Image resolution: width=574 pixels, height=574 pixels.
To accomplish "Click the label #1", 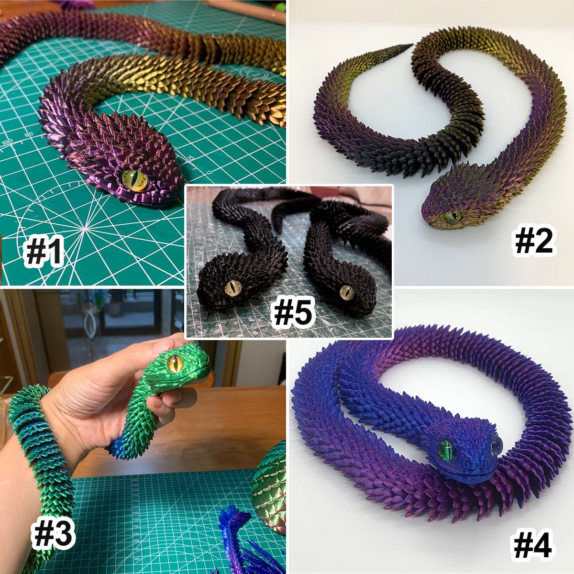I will (x=44, y=252).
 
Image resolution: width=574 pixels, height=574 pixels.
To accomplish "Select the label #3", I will (x=53, y=534).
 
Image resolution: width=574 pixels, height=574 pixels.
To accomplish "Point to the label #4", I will (x=532, y=545).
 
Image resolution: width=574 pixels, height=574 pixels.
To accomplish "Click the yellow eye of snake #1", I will (x=135, y=180).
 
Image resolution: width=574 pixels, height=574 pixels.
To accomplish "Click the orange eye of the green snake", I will (x=174, y=364).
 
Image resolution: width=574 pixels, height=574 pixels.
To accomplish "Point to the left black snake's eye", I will (x=233, y=288).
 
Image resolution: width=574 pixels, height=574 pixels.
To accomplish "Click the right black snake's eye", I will (x=347, y=292).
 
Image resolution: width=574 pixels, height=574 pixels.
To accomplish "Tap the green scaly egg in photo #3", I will (x=270, y=488).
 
